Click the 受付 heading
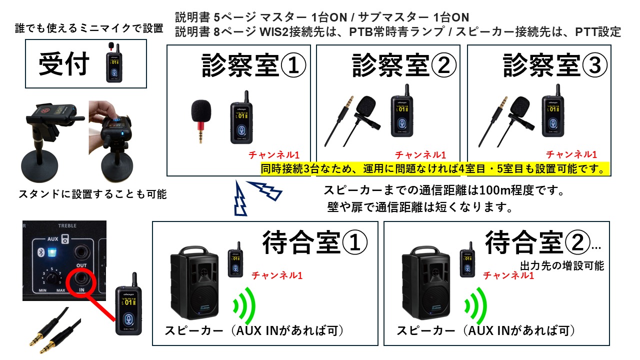(64, 64)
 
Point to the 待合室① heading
(314, 242)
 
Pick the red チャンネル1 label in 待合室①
(276, 275)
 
